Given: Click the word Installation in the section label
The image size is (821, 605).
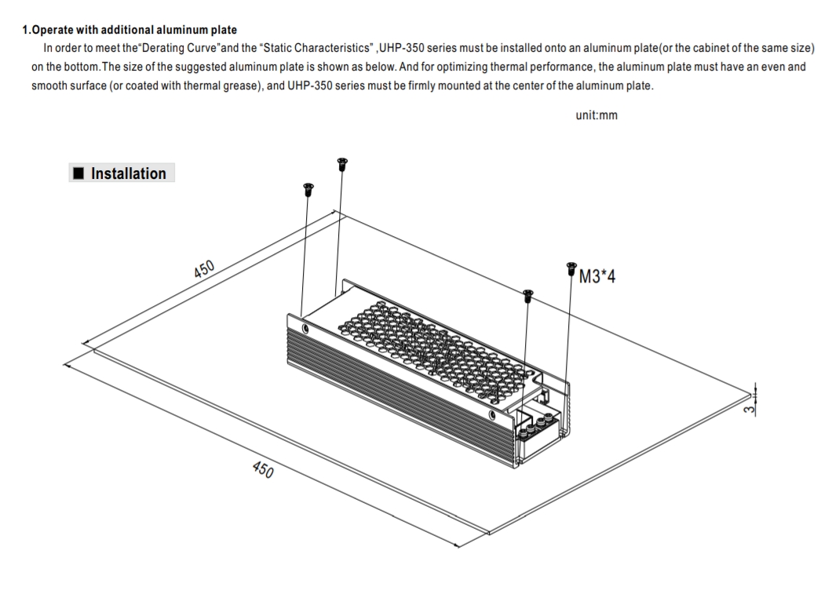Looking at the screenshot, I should pyautogui.click(x=129, y=173).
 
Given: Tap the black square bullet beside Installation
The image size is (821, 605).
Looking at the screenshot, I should pyautogui.click(x=78, y=173).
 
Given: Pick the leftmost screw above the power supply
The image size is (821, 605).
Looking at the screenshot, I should pyautogui.click(x=308, y=189).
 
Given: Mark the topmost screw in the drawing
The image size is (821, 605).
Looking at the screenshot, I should pyautogui.click(x=342, y=163).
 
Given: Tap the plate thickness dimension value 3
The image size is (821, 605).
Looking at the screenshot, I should pyautogui.click(x=750, y=409).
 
